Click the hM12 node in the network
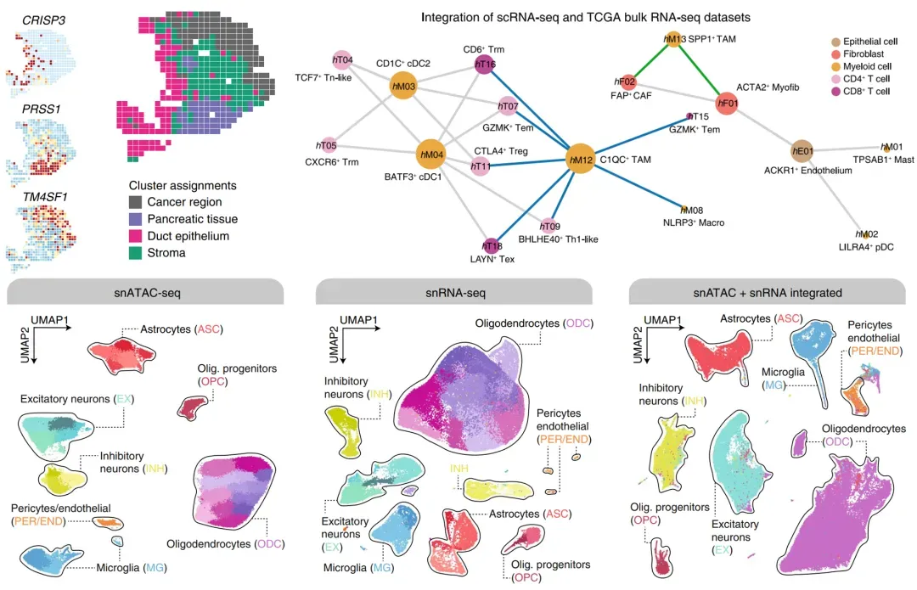[x=581, y=159]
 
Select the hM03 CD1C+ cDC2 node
[x=403, y=86]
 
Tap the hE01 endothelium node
[x=802, y=153]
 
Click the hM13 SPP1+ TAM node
[x=673, y=39]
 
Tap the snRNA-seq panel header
[x=453, y=293]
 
